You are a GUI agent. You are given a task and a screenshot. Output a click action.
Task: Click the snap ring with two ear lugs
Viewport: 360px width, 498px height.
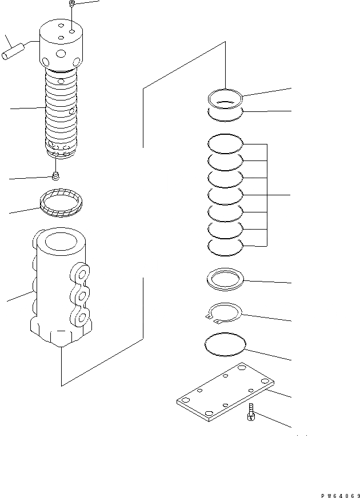point(225,313)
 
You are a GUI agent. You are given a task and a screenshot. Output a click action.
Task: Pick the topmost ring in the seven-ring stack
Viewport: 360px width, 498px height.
point(225,142)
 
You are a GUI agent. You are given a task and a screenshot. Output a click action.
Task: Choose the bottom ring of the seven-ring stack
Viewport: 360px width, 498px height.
point(225,246)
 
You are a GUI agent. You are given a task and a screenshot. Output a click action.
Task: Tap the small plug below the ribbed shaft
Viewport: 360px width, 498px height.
point(55,175)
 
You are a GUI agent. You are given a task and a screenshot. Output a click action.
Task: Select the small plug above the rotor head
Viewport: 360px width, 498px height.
point(72,5)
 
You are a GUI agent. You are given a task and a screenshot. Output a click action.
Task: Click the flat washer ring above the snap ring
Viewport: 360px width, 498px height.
point(225,280)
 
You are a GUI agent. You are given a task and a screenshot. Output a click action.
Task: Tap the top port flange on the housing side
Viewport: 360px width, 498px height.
point(80,273)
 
